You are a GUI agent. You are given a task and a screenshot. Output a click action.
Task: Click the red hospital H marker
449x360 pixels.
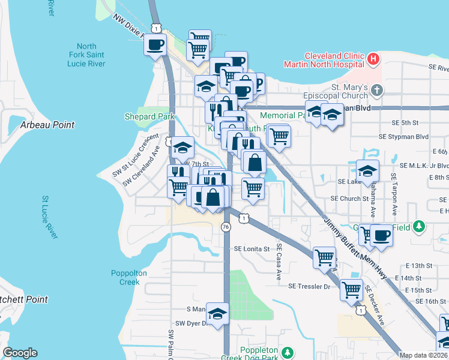(373, 59)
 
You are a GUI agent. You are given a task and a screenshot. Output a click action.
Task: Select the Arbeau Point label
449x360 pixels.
(47, 125)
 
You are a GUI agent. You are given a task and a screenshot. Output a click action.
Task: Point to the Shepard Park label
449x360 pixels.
(149, 116)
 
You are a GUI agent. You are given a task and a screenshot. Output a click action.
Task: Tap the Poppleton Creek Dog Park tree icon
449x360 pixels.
(288, 352)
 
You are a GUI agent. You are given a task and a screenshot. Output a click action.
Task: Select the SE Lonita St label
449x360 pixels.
(253, 248)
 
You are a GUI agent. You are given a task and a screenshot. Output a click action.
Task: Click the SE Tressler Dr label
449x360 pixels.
(310, 287)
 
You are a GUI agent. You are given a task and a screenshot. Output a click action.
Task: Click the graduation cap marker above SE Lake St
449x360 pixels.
(367, 170)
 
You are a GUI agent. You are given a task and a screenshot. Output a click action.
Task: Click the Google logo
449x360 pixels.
(20, 353)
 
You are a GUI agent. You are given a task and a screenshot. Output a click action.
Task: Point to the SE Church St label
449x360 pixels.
(349, 199)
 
